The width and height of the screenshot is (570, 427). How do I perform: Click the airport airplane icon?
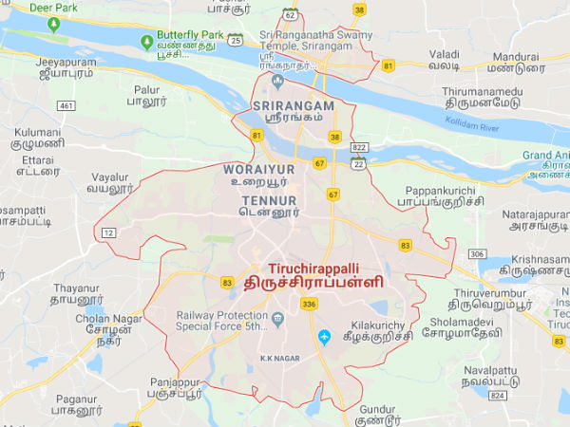click(324, 337)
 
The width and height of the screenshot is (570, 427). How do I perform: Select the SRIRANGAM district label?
click(294, 105)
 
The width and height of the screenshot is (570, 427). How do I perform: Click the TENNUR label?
click(269, 201)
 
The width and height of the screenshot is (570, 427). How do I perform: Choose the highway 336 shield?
click(307, 304)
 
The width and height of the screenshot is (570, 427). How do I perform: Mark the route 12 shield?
click(109, 232)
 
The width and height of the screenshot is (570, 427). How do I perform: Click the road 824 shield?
click(495, 394)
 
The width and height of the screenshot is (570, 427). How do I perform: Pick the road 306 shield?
click(477, 254)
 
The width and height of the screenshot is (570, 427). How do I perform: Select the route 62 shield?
click(290, 14)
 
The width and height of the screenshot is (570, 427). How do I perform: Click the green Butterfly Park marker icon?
click(146, 42)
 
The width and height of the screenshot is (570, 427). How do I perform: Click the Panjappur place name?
click(175, 381)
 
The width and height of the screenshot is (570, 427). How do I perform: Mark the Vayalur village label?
click(110, 176)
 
